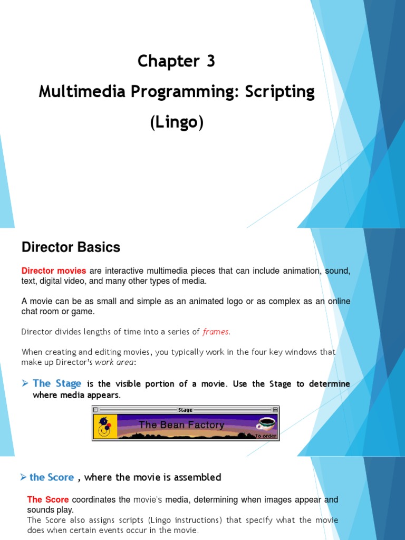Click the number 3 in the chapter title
pos(210,62)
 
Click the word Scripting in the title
pos(279,92)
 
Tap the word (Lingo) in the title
pos(177,122)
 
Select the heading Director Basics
pos(71,247)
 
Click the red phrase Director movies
pos(54,271)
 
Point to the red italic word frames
pos(216,332)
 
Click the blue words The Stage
pos(57,384)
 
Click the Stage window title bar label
pos(185,410)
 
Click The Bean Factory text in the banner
pos(181,425)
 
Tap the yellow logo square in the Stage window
pos(105,427)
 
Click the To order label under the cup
pos(266,436)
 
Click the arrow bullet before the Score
pos(23,477)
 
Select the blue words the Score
pos(52,477)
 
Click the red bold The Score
pos(48,499)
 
